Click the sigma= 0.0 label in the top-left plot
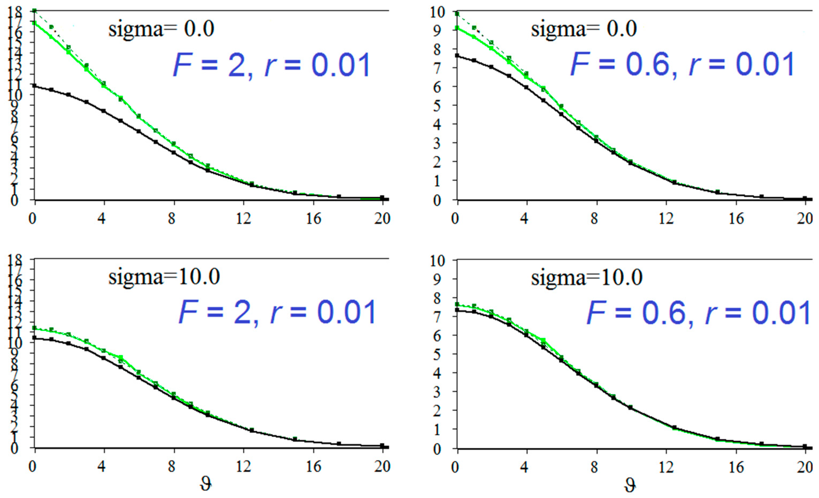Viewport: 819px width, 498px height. tap(161, 29)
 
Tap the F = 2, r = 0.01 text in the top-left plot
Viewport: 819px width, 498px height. tap(271, 65)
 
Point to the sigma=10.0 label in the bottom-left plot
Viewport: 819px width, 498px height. tap(164, 276)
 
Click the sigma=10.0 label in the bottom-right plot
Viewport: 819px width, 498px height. tap(587, 277)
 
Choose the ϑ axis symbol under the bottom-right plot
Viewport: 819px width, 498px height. tap(629, 485)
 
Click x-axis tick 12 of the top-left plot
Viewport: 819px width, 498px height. tap(244, 219)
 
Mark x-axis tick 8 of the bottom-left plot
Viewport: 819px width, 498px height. tap(172, 467)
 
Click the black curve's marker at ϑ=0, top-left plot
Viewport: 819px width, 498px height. tap(34, 86)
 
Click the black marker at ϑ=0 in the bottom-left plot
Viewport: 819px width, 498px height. tap(34, 338)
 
